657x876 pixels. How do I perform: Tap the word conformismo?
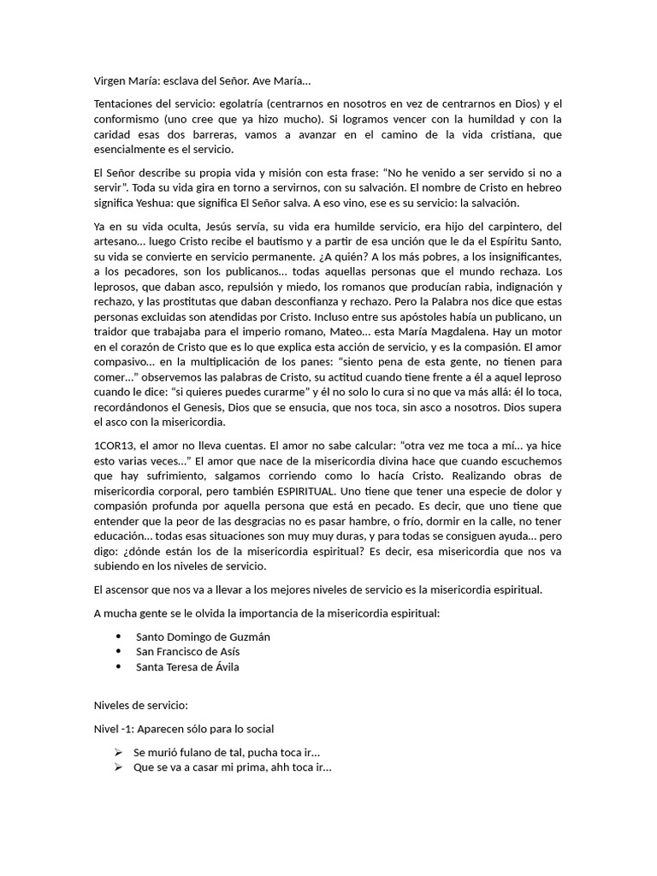[x=127, y=119]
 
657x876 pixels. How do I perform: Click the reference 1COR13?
[x=113, y=446]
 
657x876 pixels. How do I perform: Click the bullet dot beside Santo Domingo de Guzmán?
[x=117, y=636]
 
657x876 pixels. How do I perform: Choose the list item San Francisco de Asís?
[x=187, y=652]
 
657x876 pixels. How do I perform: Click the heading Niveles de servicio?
[x=140, y=706]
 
